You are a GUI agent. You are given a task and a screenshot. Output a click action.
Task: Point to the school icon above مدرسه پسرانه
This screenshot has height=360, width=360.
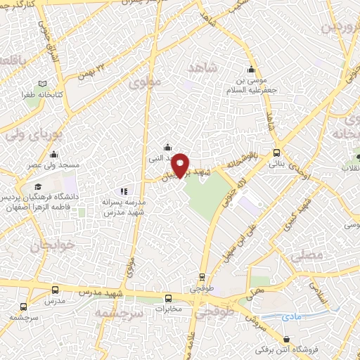tap(124, 190)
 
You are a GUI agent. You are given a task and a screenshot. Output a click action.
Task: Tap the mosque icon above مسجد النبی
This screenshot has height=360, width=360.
tap(167, 147)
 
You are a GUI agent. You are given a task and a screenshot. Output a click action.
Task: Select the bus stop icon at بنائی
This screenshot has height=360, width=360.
tap(276, 152)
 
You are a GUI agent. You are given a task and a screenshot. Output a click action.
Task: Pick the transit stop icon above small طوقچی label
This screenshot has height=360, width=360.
tap(202, 277)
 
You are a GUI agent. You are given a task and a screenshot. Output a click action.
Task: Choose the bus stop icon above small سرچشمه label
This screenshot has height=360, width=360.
tap(24, 307)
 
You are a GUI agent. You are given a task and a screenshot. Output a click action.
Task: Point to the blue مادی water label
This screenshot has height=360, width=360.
tap(292, 318)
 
